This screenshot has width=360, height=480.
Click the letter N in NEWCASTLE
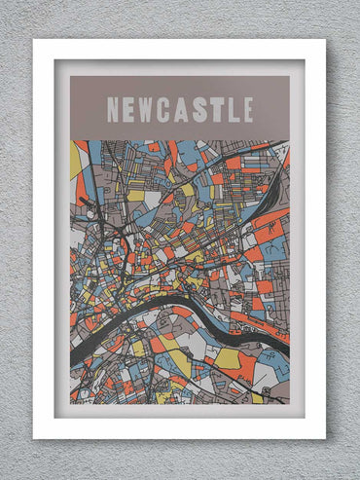point(114,110)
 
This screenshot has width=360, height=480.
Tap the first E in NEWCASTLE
point(132,110)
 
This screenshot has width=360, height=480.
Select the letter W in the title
point(152,110)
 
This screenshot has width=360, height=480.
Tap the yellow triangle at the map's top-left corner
point(75,161)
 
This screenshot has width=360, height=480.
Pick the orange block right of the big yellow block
point(246,368)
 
